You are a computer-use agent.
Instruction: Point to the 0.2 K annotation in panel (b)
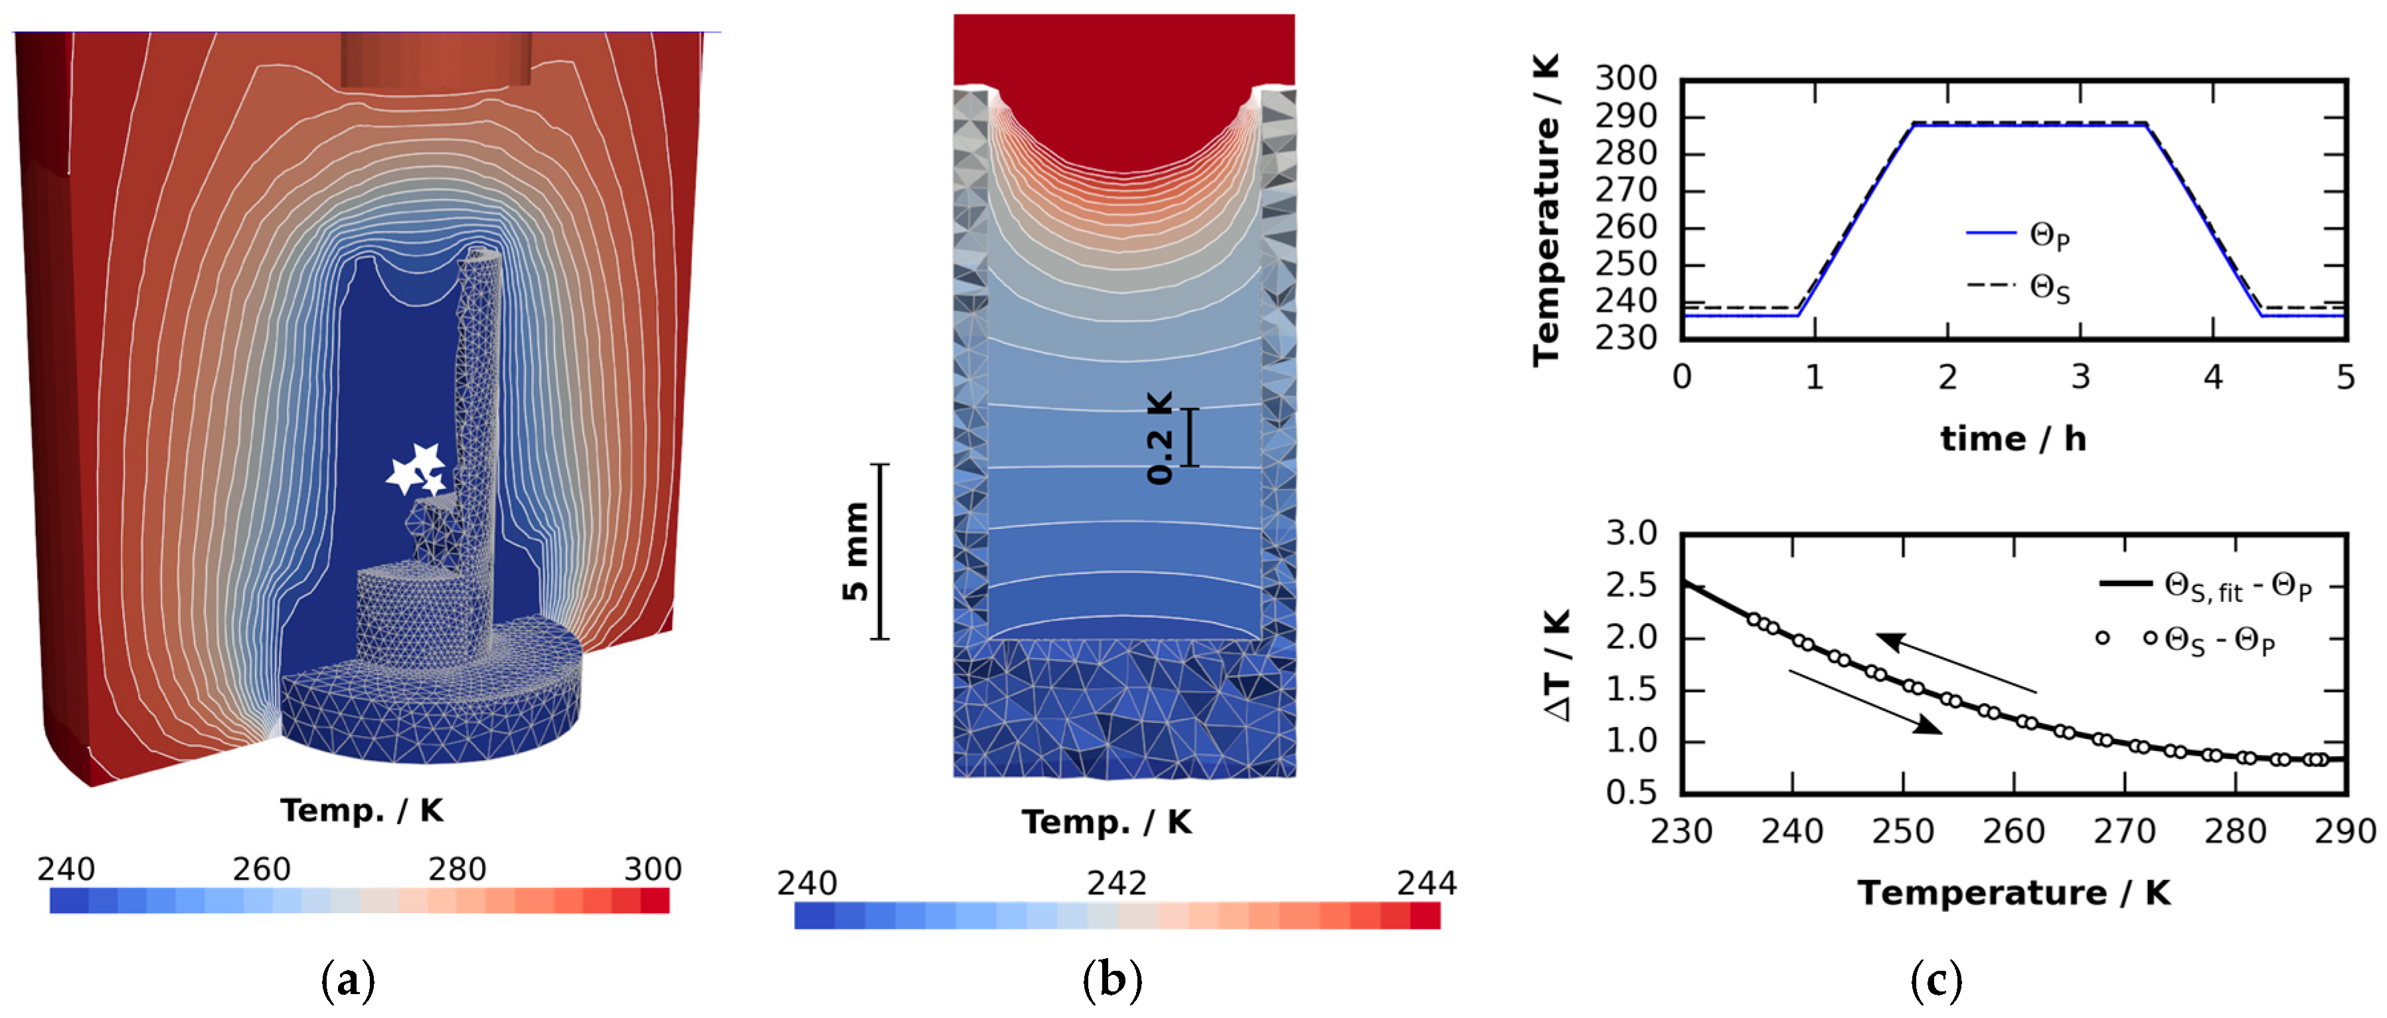tap(1159, 438)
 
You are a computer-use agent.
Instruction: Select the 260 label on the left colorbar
tap(262, 868)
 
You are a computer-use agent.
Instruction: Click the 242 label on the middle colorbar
tap(1117, 882)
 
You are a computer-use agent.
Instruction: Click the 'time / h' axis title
tap(2013, 439)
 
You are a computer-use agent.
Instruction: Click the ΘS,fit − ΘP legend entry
tap(2205, 587)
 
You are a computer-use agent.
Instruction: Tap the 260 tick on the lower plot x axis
tap(2014, 831)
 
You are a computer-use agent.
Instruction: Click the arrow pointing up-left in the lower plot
tap(1955, 663)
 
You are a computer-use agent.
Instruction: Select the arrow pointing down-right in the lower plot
tap(1864, 702)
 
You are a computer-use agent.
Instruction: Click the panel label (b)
tap(1112, 980)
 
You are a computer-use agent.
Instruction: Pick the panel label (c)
tap(1935, 980)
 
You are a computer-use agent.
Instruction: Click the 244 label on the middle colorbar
tap(1427, 882)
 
